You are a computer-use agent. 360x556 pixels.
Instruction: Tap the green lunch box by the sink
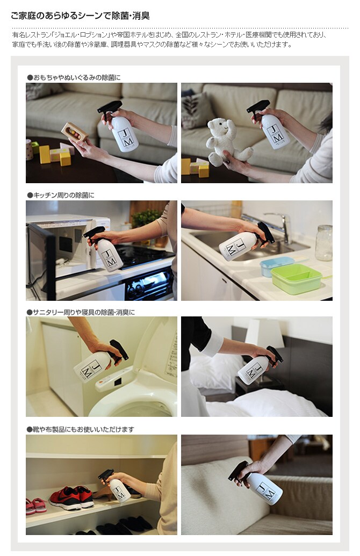(x=296, y=279)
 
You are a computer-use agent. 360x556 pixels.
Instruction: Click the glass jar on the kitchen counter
(x=323, y=243)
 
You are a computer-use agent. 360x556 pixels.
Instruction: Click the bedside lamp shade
(x=264, y=334)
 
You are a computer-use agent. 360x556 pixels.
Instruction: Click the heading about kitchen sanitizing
(x=61, y=195)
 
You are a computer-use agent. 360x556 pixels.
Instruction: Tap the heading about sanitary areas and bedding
(x=81, y=313)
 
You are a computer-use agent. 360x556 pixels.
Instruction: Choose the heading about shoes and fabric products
(x=81, y=429)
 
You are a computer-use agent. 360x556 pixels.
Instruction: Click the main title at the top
(x=80, y=16)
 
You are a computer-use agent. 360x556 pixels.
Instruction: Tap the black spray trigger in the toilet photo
(x=119, y=351)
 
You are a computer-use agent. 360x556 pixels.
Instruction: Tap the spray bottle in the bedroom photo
(x=260, y=365)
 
